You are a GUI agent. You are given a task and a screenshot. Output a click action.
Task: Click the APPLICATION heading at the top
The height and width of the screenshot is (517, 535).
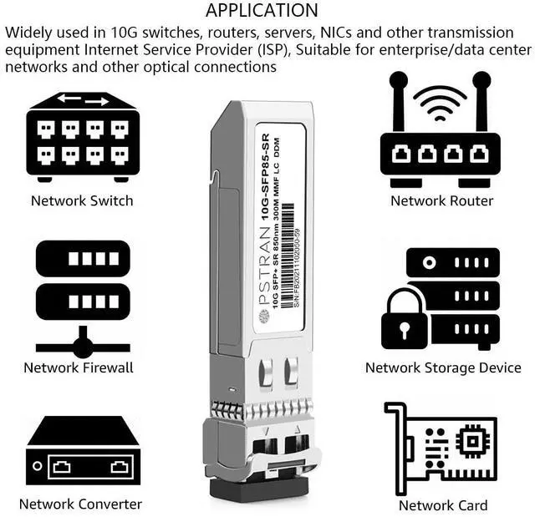tap(262, 11)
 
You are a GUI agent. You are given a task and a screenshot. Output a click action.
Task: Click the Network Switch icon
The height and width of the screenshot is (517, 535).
tap(82, 136)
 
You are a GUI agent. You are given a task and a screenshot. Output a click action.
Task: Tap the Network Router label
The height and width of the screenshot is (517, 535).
tap(441, 200)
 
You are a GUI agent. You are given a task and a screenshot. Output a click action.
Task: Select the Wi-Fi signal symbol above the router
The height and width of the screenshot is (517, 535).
tap(441, 102)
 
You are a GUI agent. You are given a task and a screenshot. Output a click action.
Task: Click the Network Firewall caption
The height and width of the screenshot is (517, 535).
tap(79, 367)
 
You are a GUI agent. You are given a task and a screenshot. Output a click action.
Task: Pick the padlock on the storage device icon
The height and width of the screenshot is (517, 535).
tap(404, 318)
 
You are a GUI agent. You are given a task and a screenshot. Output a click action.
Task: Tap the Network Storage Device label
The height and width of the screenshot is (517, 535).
tap(443, 367)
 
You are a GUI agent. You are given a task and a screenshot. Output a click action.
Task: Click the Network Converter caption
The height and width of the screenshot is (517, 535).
tap(80, 504)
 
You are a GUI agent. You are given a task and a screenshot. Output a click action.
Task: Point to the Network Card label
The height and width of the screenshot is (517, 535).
tap(443, 505)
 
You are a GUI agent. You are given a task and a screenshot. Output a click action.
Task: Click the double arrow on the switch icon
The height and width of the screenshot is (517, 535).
tap(83, 100)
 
